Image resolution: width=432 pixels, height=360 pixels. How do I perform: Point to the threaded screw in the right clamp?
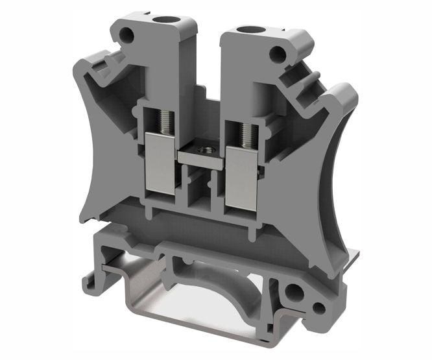point(246,134)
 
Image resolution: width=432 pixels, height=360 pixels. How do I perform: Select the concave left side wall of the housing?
point(104,149)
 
